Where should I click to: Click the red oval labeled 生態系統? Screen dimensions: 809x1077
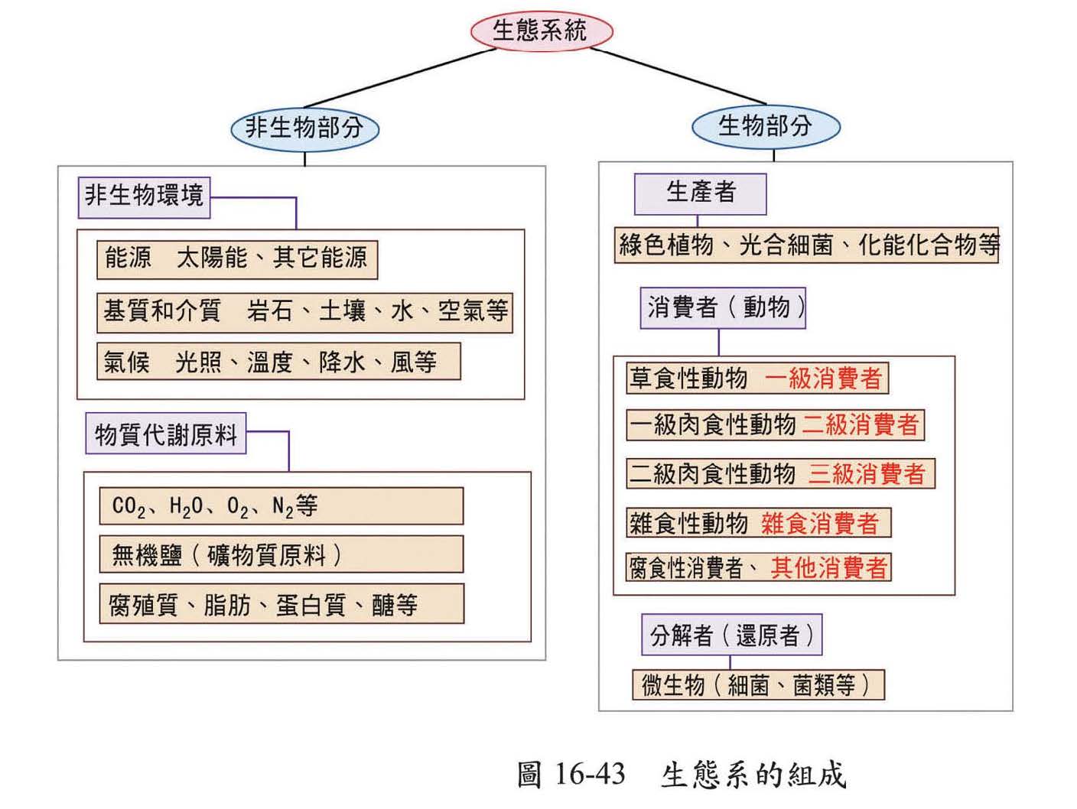pyautogui.click(x=541, y=31)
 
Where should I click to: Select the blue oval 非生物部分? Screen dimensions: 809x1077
pyautogui.click(x=304, y=128)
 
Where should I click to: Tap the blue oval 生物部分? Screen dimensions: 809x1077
pyautogui.click(x=765, y=126)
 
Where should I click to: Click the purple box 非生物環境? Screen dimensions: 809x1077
pyautogui.click(x=144, y=196)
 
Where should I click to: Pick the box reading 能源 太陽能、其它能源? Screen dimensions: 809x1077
pyautogui.click(x=237, y=258)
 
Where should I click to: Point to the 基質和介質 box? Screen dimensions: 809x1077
pyautogui.click(x=304, y=311)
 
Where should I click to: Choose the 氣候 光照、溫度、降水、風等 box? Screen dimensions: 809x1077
pyautogui.click(x=278, y=361)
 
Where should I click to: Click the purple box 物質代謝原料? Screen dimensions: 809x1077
pyautogui.click(x=165, y=434)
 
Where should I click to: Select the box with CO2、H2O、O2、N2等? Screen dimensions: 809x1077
pyautogui.click(x=281, y=506)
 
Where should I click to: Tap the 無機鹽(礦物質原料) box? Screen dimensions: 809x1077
pyautogui.click(x=281, y=554)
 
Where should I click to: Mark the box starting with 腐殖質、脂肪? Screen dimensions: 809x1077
pyautogui.click(x=281, y=604)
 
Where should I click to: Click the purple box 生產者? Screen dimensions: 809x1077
pyautogui.click(x=700, y=193)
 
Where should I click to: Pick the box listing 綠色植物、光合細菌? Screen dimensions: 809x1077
pyautogui.click(x=807, y=245)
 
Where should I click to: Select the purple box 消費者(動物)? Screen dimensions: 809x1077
pyautogui.click(x=723, y=308)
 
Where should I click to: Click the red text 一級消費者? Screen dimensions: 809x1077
pyautogui.click(x=823, y=379)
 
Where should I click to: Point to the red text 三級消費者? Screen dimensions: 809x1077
pyautogui.click(x=866, y=474)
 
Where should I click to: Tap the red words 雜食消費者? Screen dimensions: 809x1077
pyautogui.click(x=819, y=524)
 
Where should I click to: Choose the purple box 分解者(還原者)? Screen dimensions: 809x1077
pyautogui.click(x=731, y=635)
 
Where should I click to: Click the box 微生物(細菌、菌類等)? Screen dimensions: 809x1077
pyautogui.click(x=758, y=684)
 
